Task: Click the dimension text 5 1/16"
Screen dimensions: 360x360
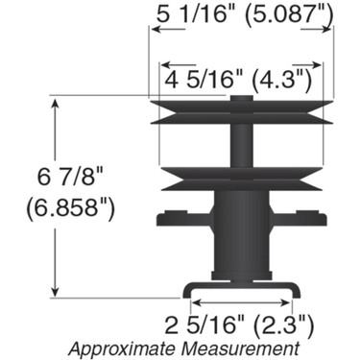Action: pos(196,12)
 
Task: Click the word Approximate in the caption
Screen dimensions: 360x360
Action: pos(123,346)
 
